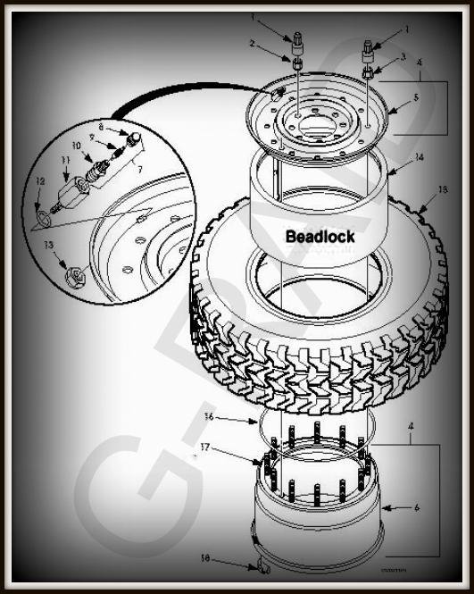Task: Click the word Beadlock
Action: pos(320,237)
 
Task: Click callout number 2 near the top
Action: pos(253,43)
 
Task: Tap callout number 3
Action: pos(404,57)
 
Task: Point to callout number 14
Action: pos(419,158)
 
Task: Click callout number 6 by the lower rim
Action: pos(416,507)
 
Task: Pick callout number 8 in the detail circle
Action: pos(101,128)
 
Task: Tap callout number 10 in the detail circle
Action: pos(76,145)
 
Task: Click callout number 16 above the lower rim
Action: pos(207,416)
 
